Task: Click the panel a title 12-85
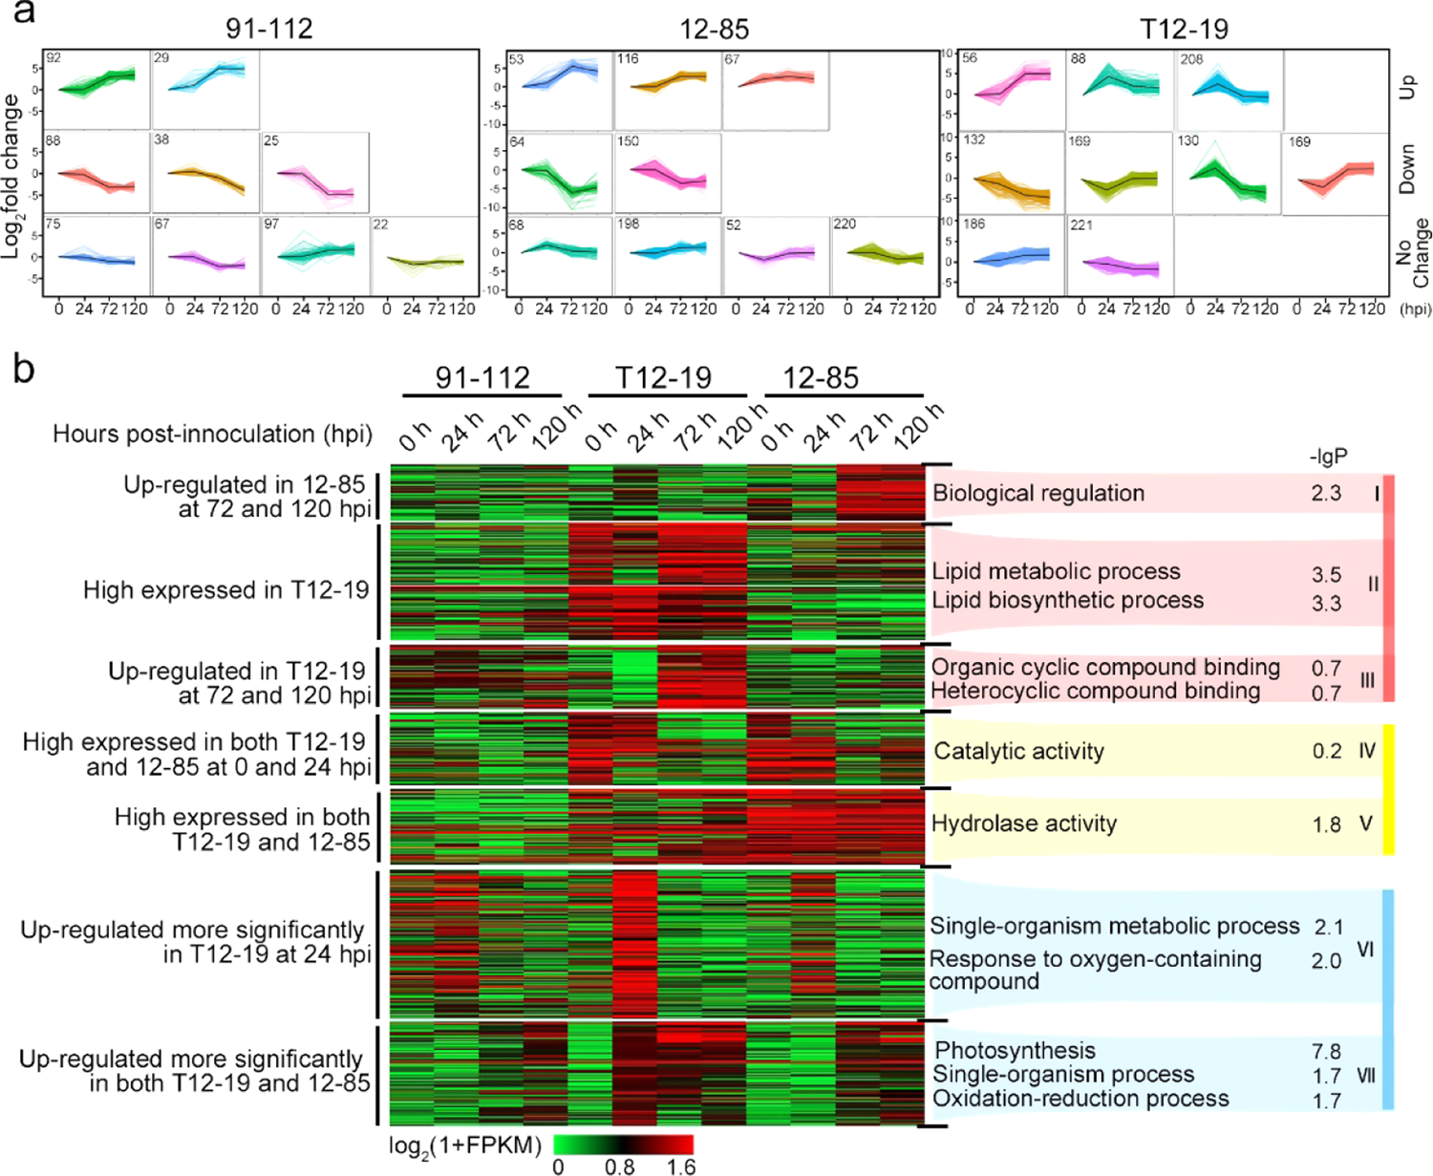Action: (714, 29)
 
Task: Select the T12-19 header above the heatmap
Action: (664, 377)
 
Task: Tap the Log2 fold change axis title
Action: (12, 176)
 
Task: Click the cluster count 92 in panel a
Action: (53, 58)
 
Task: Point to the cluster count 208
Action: (1191, 59)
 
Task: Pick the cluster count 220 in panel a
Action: (845, 225)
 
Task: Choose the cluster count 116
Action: (628, 59)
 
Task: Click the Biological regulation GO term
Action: (1038, 493)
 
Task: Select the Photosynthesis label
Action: (1015, 1051)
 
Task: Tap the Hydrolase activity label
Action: (1024, 823)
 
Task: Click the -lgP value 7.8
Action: (1326, 1052)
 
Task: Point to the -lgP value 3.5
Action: (1326, 575)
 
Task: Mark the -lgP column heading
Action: (1328, 457)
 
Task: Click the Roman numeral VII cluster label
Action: (1366, 1076)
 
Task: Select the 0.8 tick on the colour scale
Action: (619, 1166)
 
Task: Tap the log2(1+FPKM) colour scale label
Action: (465, 1144)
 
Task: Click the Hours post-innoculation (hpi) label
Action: (212, 434)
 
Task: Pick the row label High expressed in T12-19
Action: (225, 590)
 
